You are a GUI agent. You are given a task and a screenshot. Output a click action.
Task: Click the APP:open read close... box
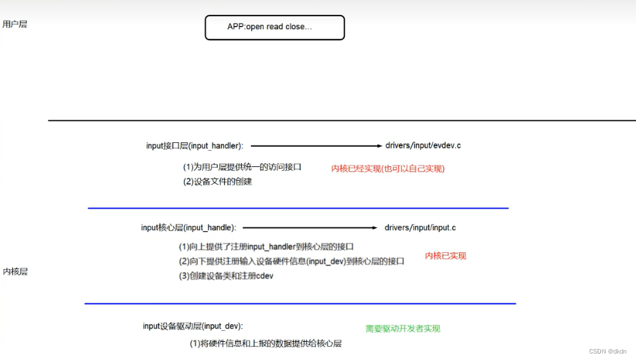click(274, 27)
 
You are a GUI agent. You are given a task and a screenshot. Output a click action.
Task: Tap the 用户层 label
click(15, 25)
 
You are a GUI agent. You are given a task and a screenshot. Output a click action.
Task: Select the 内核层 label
click(16, 272)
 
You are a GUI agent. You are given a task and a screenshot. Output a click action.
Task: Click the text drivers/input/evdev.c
click(423, 146)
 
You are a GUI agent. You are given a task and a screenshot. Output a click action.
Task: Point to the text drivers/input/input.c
click(420, 227)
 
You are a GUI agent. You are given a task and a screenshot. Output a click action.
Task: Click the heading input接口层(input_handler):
click(195, 146)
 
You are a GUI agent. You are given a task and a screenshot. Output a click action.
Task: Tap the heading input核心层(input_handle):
click(188, 228)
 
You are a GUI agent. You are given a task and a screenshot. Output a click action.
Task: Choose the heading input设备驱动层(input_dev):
click(193, 326)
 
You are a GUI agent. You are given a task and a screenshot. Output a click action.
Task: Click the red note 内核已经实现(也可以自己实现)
click(388, 168)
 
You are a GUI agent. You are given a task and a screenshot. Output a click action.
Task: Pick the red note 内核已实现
click(446, 256)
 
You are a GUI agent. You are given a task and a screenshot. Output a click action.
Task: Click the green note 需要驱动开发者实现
click(403, 329)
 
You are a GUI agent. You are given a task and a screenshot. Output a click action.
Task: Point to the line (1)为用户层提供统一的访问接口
click(242, 167)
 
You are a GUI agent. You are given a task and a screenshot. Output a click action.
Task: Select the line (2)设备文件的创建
click(218, 182)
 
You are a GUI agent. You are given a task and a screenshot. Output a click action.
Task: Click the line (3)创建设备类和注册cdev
click(226, 276)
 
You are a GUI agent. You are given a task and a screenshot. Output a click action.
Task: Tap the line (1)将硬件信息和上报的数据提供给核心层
click(266, 344)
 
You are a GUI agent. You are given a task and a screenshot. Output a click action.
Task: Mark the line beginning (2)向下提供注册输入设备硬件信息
click(292, 261)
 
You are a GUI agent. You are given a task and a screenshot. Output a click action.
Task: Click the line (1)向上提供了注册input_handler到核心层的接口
click(266, 247)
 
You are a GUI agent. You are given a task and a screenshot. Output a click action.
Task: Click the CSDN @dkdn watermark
click(610, 351)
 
